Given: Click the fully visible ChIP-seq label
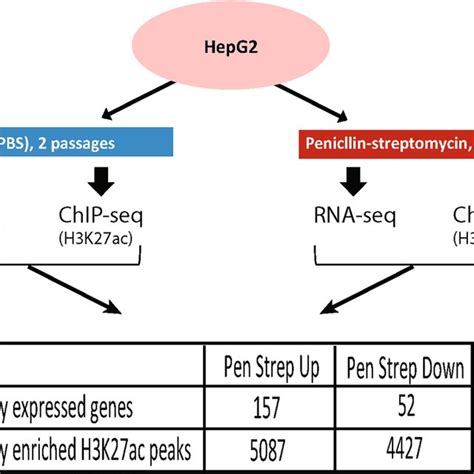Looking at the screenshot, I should point(100,217).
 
